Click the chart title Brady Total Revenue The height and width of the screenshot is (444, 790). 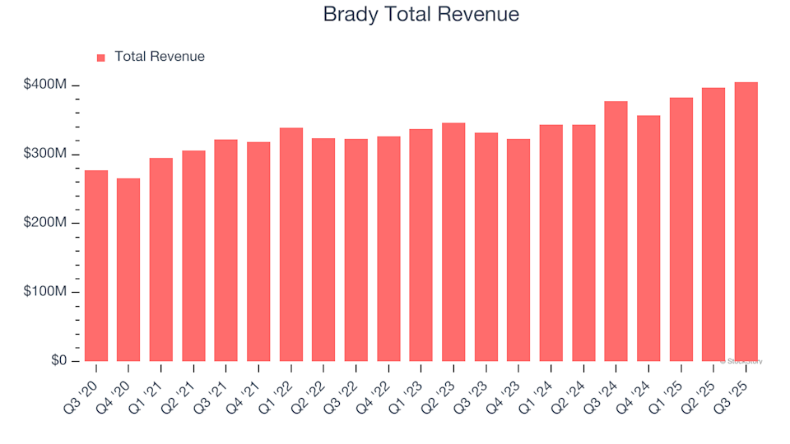[x=421, y=15]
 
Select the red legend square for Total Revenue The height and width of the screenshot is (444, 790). [x=101, y=58]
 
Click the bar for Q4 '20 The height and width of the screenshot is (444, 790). [x=128, y=270]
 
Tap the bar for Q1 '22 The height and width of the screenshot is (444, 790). [x=291, y=244]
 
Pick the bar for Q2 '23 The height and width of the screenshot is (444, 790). [x=453, y=242]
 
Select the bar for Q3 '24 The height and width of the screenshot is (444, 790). [x=616, y=231]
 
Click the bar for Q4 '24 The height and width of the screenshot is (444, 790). [x=648, y=238]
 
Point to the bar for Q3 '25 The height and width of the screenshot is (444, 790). [x=746, y=222]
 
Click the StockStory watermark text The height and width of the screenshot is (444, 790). [x=741, y=361]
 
